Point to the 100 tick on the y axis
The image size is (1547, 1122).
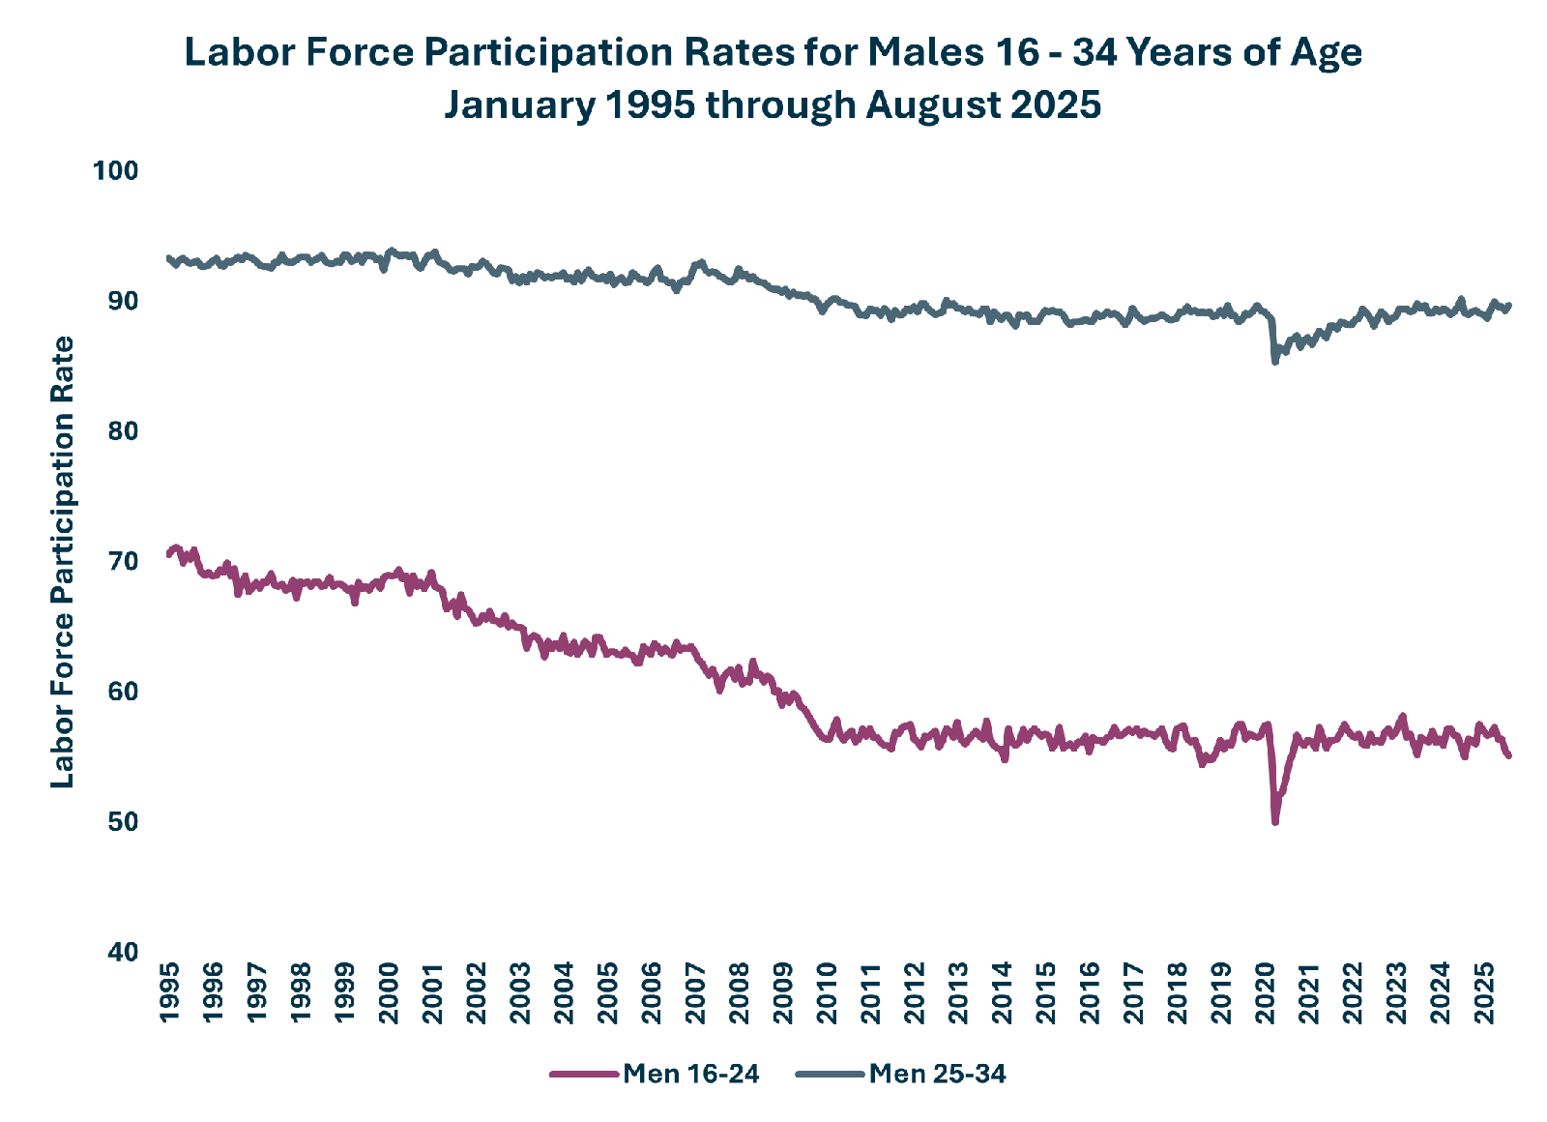[x=115, y=170]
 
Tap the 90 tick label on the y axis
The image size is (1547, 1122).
[x=123, y=301]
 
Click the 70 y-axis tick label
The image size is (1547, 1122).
[x=123, y=561]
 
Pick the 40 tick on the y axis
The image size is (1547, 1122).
[x=123, y=952]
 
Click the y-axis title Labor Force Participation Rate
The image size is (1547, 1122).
[x=62, y=562]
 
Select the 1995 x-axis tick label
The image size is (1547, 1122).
[x=169, y=992]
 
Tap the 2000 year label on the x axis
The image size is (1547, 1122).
[x=389, y=992]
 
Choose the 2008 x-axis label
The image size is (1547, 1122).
[x=739, y=992]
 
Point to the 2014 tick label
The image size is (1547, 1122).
[x=1002, y=992]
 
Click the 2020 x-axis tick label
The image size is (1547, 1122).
[x=1266, y=992]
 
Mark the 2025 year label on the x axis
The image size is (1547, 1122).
[x=1484, y=992]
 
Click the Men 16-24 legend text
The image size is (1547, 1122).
[x=690, y=1074]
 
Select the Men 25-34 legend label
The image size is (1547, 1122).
[x=937, y=1074]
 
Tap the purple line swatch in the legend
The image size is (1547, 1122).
[x=584, y=1075]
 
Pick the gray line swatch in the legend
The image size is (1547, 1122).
[x=831, y=1075]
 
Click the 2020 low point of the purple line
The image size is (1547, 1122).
[x=1275, y=822]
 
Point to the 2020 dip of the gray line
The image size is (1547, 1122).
[x=1275, y=362]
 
